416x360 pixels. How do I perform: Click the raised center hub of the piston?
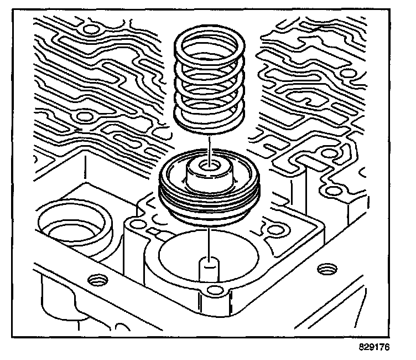pos(210,176)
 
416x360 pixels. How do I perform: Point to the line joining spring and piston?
pos(210,144)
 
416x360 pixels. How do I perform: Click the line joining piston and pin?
pos(210,241)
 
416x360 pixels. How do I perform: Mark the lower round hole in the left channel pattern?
pos(85,116)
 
